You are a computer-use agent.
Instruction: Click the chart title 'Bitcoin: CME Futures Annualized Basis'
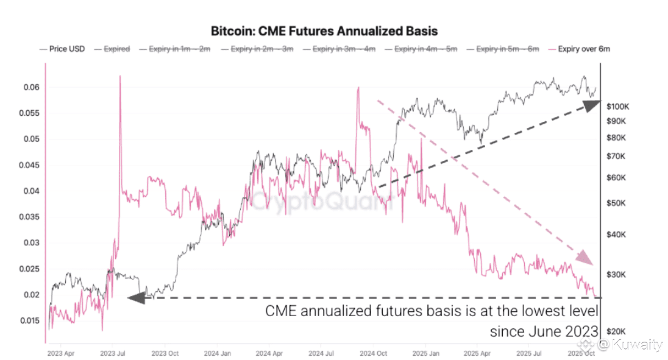[x=324, y=30]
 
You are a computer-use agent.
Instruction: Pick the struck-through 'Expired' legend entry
[x=116, y=49]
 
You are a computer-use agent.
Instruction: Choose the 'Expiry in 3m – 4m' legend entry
[x=344, y=49]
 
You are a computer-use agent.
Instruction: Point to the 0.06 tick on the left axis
[x=32, y=87]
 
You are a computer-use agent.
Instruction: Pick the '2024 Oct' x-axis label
[x=374, y=353]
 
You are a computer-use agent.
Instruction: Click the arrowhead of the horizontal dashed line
[x=135, y=298]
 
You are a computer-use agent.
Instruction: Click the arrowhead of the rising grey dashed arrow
[x=592, y=105]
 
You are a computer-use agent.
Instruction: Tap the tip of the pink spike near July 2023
[x=119, y=76]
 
